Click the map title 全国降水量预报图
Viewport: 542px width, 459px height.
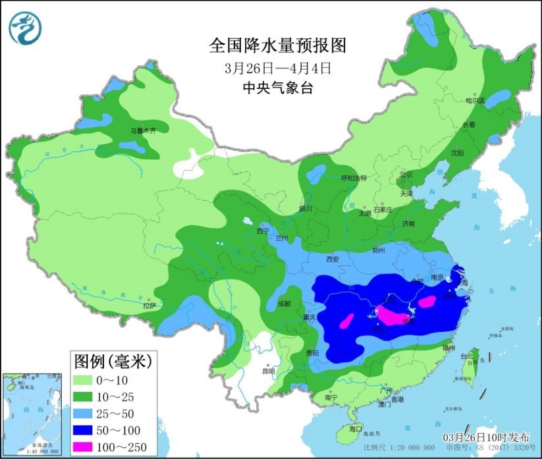pos(277,45)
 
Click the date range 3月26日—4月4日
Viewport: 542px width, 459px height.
pos(277,67)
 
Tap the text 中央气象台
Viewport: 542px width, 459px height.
pos(277,88)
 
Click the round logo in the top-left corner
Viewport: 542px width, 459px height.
pos(25,28)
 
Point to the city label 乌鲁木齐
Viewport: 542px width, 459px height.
pos(143,131)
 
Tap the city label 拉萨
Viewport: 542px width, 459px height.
pos(149,306)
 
